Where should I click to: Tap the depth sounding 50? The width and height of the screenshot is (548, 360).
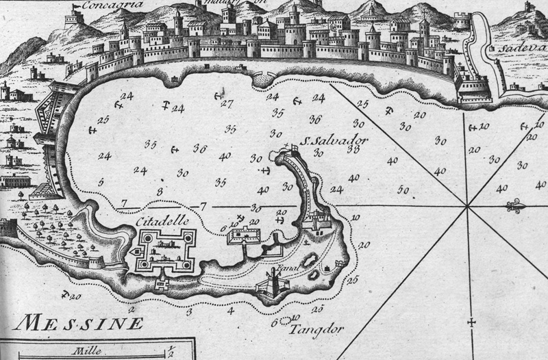tap(403, 190)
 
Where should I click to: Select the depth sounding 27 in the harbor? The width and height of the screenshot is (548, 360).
tap(227, 104)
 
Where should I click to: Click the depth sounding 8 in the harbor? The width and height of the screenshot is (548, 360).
tap(160, 191)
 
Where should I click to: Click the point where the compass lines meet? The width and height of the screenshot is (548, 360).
tap(467, 205)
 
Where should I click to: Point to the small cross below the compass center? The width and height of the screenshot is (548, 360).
tap(471, 322)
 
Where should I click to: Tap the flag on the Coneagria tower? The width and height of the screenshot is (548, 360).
tap(75, 7)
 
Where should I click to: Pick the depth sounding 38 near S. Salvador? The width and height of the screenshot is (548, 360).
tap(353, 149)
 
